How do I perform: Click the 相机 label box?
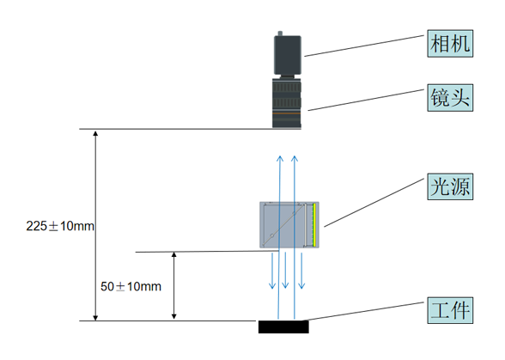pyautogui.click(x=450, y=44)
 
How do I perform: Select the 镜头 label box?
pyautogui.click(x=450, y=98)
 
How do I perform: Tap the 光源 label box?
pyautogui.click(x=450, y=186)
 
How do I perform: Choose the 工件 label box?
pyautogui.click(x=450, y=310)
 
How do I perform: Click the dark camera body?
pyautogui.click(x=288, y=55)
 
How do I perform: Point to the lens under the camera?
pyautogui.click(x=287, y=102)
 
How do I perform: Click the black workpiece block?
pyautogui.click(x=283, y=326)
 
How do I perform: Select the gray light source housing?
pyautogui.click(x=289, y=225)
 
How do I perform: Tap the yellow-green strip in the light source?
pyautogui.click(x=314, y=224)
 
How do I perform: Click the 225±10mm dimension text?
pyautogui.click(x=60, y=226)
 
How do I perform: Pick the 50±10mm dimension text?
pyautogui.click(x=131, y=286)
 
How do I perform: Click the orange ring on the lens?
pyautogui.click(x=286, y=113)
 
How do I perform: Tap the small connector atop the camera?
pyautogui.click(x=280, y=34)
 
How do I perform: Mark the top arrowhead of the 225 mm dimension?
pyautogui.click(x=95, y=133)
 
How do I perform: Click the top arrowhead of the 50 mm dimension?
pyautogui.click(x=173, y=254)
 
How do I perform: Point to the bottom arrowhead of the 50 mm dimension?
pyautogui.click(x=173, y=316)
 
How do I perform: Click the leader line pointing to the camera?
pyautogui.click(x=364, y=46)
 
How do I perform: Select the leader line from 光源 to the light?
pyautogui.click(x=374, y=203)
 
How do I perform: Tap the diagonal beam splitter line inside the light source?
pyautogui.click(x=283, y=224)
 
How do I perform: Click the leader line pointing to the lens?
pyautogui.click(x=366, y=100)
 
